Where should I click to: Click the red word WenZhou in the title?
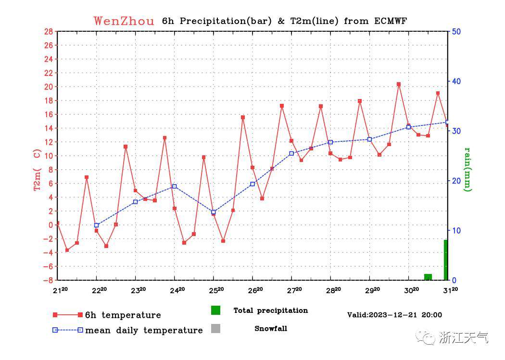point(124,21)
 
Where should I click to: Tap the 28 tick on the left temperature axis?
point(48,32)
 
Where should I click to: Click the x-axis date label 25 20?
point(216,290)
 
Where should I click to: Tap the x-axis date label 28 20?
point(333,290)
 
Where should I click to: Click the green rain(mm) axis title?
point(467,169)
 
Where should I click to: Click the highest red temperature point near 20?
point(399,84)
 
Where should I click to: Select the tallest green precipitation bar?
point(446,260)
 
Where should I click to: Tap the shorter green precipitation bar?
point(428,277)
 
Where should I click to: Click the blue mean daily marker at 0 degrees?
point(97,225)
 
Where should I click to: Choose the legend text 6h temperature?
point(123,315)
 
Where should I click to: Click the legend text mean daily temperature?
point(144,330)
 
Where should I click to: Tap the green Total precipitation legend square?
point(215,310)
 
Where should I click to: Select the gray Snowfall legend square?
point(215,329)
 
